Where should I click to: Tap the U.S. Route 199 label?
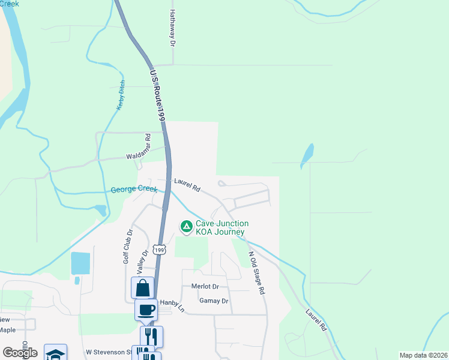pos(157,94)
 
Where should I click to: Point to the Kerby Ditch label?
pos(121,95)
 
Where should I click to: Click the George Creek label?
pos(134,190)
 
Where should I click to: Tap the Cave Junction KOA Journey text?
pos(221,228)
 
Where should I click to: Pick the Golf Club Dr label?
pos(127,246)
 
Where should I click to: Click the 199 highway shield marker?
pos(158,249)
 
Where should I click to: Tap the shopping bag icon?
pos(143,288)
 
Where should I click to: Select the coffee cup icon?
pos(146,310)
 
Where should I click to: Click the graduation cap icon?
pos(55,353)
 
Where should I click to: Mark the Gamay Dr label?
pos(214,301)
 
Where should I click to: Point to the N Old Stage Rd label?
pos(256,272)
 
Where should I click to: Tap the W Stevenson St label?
pos(108,352)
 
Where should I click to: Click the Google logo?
pos(20,352)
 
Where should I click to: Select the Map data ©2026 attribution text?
pos(423,355)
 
